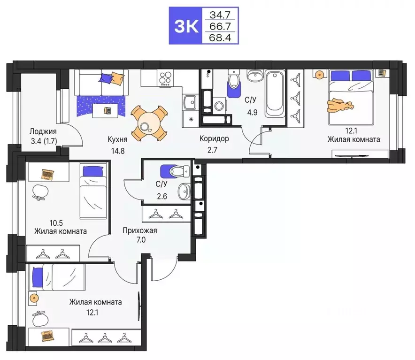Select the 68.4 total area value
point(220,38)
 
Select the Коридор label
point(214,139)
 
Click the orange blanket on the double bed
point(340,105)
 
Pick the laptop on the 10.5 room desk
point(47,175)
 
